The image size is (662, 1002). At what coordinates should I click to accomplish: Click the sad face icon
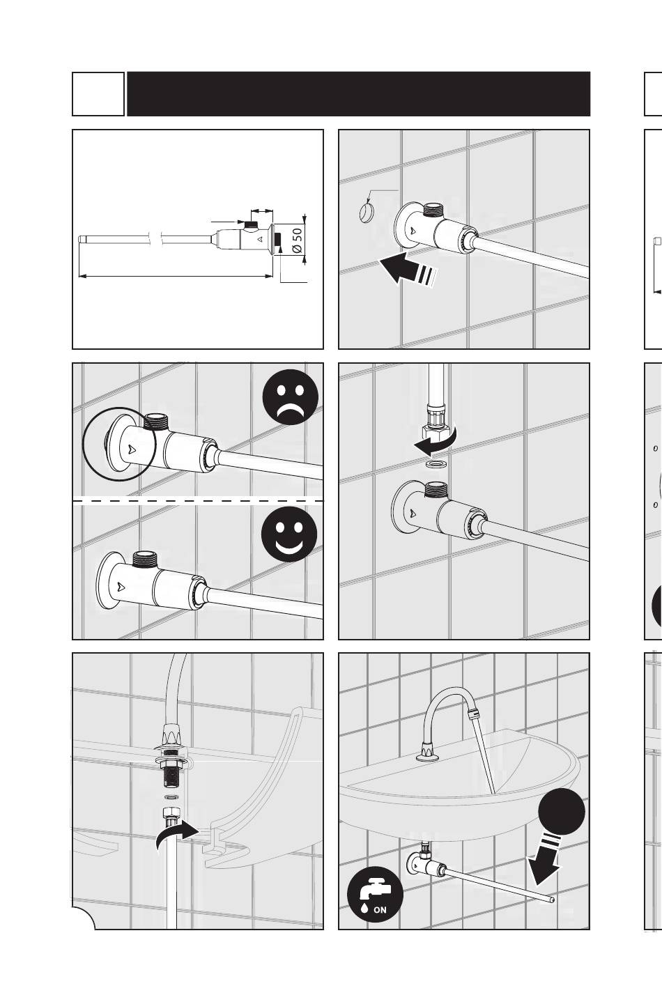[x=291, y=397]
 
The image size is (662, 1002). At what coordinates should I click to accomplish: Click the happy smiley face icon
[x=289, y=534]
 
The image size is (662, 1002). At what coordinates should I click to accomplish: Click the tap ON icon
[x=375, y=894]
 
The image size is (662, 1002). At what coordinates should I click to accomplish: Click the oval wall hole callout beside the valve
[x=367, y=212]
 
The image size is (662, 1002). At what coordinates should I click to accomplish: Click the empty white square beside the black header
[x=98, y=94]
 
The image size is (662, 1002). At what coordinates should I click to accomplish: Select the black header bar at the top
[x=358, y=94]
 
